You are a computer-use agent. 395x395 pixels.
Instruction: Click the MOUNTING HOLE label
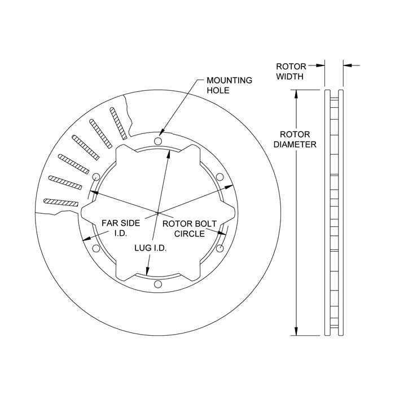tap(229, 85)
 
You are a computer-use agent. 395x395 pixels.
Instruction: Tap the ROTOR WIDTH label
tap(291, 71)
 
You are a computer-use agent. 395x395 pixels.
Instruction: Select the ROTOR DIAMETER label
tap(295, 139)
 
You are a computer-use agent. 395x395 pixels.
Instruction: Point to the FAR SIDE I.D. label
tap(121, 228)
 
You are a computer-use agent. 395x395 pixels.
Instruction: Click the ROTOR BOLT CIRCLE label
tap(190, 229)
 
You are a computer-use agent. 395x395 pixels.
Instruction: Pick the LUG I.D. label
tap(151, 248)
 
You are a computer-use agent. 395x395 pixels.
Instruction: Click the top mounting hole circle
tap(158, 141)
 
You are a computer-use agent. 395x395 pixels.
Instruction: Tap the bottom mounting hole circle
tap(158, 284)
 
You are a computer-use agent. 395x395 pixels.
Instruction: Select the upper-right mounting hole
tap(220, 177)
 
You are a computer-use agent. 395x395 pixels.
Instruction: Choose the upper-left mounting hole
tap(96, 177)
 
